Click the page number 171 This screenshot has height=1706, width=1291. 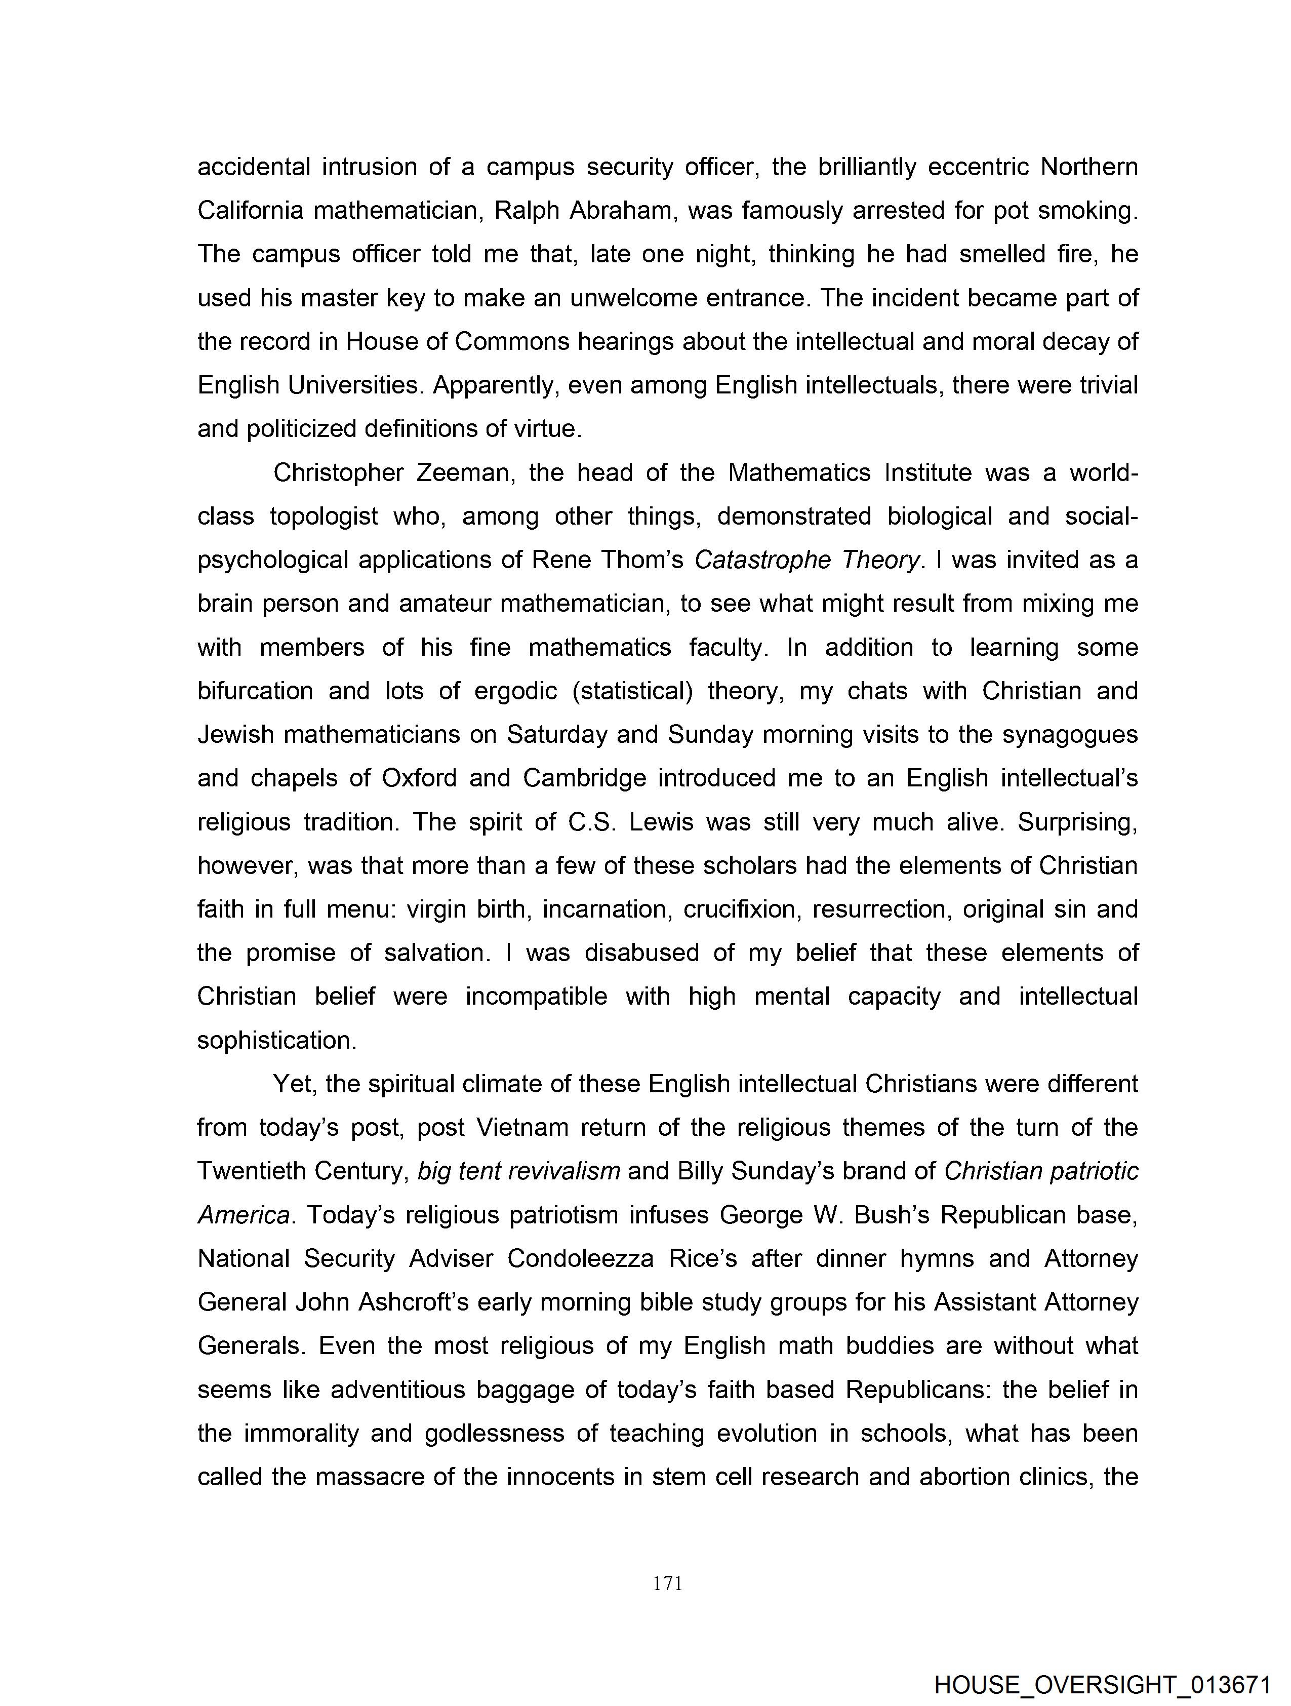pos(667,1583)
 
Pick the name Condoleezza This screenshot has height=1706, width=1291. pos(580,1259)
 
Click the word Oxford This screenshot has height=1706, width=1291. pos(419,778)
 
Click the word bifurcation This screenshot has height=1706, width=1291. pos(255,691)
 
